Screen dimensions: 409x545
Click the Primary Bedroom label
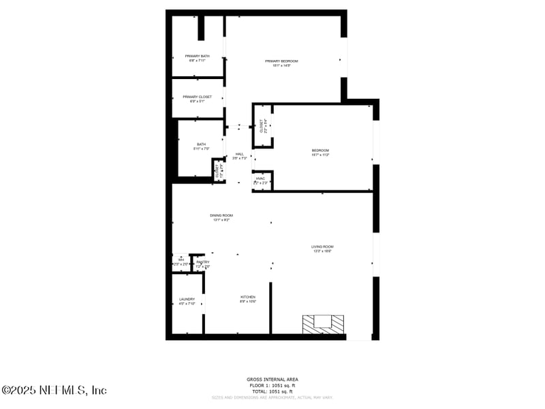281,61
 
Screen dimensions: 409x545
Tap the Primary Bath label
197,56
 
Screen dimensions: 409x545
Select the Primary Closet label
197,97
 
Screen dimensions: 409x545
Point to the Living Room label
322,247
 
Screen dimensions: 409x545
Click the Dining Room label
222,215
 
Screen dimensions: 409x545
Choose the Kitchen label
247,297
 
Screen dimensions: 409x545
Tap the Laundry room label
187,299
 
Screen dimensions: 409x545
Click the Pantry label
202,262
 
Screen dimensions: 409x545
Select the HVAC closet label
260,179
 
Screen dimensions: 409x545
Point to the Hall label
239,154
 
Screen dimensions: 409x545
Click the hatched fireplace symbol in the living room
324,323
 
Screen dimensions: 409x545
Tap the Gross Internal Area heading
272,379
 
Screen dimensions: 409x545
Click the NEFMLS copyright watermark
54,391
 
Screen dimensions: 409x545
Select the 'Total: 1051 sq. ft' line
272,392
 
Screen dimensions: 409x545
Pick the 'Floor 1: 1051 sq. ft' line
272,385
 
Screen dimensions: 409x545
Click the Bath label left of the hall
201,145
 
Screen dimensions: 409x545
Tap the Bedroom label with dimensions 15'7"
320,151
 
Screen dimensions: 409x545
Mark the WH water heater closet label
181,260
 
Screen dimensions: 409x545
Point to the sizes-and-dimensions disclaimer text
272,397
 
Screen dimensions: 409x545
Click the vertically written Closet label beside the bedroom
261,125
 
